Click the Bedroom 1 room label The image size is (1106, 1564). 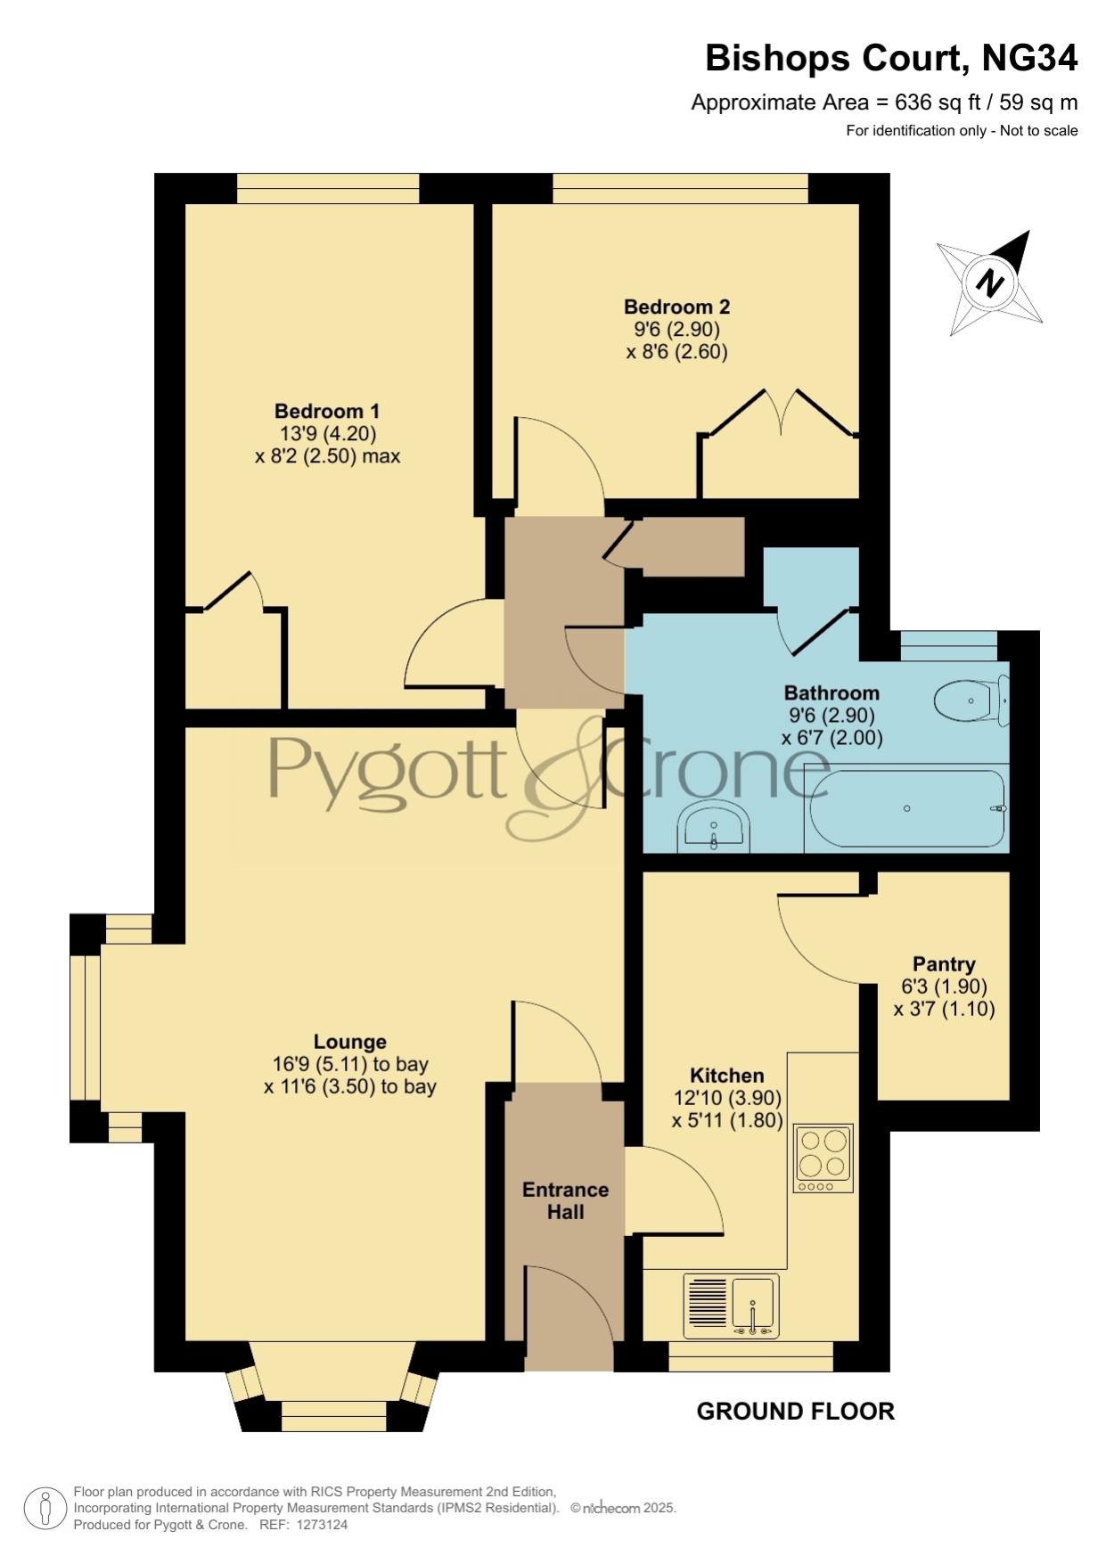point(327,411)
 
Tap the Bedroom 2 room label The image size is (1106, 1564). point(676,307)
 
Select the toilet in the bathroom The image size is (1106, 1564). point(971,700)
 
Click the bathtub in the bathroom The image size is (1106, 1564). point(906,808)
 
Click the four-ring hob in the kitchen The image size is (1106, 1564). point(823,1158)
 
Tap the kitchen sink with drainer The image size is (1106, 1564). point(731,1306)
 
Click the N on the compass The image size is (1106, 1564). point(989,283)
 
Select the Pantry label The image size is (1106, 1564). point(944,964)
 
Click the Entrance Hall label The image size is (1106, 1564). point(565,1200)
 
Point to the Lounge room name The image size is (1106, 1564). point(350,1042)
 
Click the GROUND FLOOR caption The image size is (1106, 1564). point(795,1411)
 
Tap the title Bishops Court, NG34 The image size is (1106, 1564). point(891,59)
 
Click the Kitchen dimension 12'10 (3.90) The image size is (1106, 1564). point(727,1098)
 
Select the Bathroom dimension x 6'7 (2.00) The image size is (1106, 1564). point(832,738)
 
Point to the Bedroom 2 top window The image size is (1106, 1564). point(680,188)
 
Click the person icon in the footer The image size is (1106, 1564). point(45,1509)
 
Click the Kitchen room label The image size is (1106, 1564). point(727,1076)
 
